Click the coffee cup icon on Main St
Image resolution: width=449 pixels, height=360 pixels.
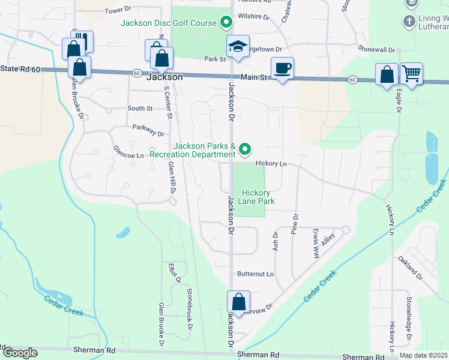[282, 68]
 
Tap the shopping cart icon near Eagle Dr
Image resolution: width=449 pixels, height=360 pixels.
[411, 74]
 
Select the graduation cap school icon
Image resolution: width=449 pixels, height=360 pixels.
[238, 46]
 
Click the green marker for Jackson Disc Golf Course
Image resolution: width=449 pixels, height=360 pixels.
[226, 23]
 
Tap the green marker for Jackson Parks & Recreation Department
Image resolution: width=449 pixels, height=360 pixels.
[244, 148]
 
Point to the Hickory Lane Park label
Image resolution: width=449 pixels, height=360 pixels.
[258, 197]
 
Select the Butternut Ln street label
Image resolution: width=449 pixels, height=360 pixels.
[255, 274]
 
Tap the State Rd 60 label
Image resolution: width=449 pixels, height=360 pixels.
[20, 70]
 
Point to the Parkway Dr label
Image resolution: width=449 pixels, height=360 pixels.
[148, 130]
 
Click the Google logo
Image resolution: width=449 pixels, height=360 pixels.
[20, 353]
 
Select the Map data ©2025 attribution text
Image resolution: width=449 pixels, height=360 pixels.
[424, 355]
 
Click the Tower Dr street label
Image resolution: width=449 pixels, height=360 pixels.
[118, 11]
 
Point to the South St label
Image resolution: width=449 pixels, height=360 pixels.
[140, 109]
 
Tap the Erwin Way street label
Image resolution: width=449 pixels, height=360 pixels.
[315, 242]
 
